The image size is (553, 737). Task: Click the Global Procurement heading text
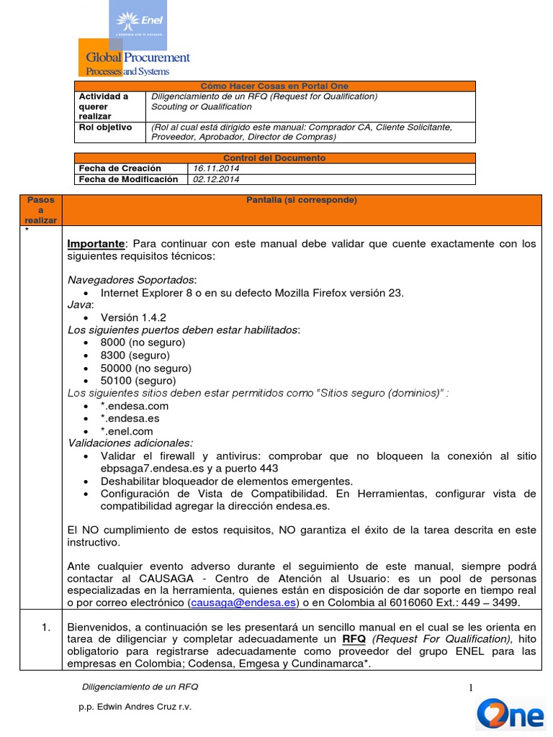[138, 58]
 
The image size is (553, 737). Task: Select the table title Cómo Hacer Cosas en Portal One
[274, 86]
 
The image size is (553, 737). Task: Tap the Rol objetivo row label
[105, 127]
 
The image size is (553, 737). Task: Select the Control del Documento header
[274, 158]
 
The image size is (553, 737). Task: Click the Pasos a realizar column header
[42, 209]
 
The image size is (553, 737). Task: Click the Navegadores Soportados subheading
[132, 279]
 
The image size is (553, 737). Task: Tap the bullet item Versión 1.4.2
[134, 317]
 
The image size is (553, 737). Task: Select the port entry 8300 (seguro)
[135, 356]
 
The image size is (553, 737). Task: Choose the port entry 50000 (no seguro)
[143, 368]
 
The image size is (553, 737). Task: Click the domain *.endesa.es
[130, 418]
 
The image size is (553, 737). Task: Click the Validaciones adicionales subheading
[130, 443]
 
